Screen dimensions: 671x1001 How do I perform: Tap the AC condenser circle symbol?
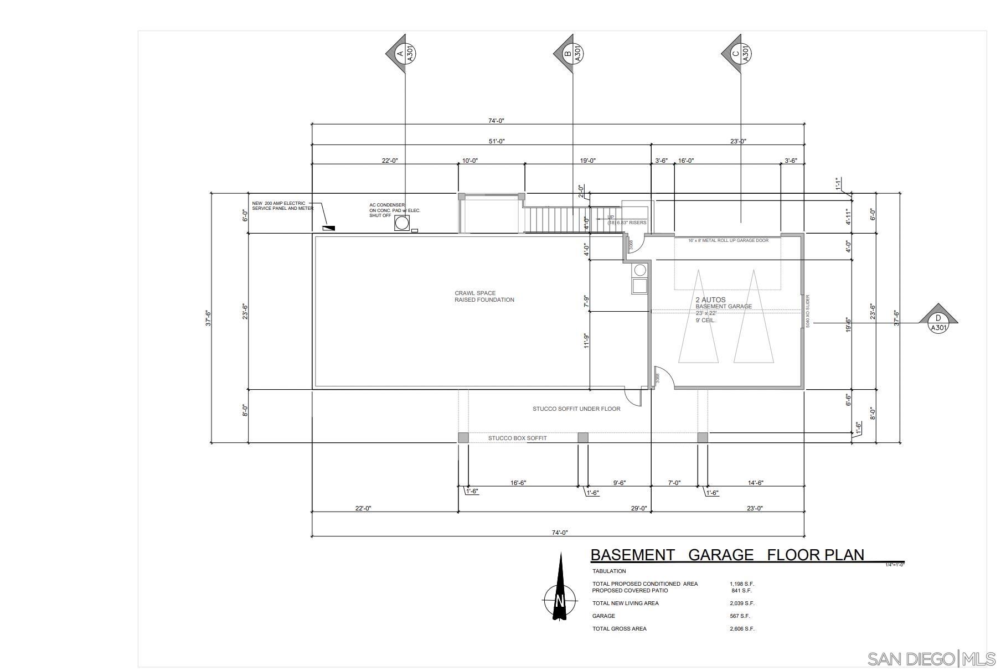(x=402, y=223)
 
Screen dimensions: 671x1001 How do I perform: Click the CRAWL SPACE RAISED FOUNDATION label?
(x=484, y=297)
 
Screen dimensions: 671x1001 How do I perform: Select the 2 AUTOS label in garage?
(x=710, y=300)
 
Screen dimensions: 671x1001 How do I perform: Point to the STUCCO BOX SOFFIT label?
(x=517, y=438)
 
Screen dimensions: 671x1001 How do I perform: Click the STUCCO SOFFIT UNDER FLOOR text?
(x=576, y=409)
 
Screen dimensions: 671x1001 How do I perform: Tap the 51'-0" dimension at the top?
(x=497, y=141)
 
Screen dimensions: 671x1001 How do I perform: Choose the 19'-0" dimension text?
(x=587, y=161)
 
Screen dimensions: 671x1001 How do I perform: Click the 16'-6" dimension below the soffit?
(x=518, y=483)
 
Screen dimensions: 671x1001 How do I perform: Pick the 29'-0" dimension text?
(x=639, y=508)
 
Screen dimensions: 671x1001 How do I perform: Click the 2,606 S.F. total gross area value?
(x=742, y=629)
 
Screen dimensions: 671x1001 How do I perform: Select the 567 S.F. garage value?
(x=740, y=616)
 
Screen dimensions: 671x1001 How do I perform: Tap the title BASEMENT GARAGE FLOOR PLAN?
(x=727, y=555)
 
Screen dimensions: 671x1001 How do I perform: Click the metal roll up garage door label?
(x=728, y=241)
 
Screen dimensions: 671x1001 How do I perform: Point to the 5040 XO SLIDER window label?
(x=808, y=311)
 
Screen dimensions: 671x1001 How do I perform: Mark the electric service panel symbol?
(x=329, y=228)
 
